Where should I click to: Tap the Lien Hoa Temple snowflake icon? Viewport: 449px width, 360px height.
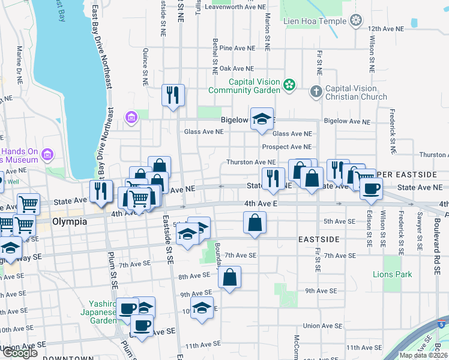[357, 21]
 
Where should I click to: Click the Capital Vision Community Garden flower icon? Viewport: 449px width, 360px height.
[290, 85]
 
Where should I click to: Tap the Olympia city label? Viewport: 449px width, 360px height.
[70, 221]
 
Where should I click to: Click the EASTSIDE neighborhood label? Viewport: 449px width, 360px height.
[319, 239]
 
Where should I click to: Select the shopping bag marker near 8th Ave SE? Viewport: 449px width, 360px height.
[229, 277]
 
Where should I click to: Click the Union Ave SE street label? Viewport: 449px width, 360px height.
[322, 326]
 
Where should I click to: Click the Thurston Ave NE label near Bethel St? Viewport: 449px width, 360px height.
[250, 162]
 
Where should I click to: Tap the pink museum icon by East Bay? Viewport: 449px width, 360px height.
[47, 156]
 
